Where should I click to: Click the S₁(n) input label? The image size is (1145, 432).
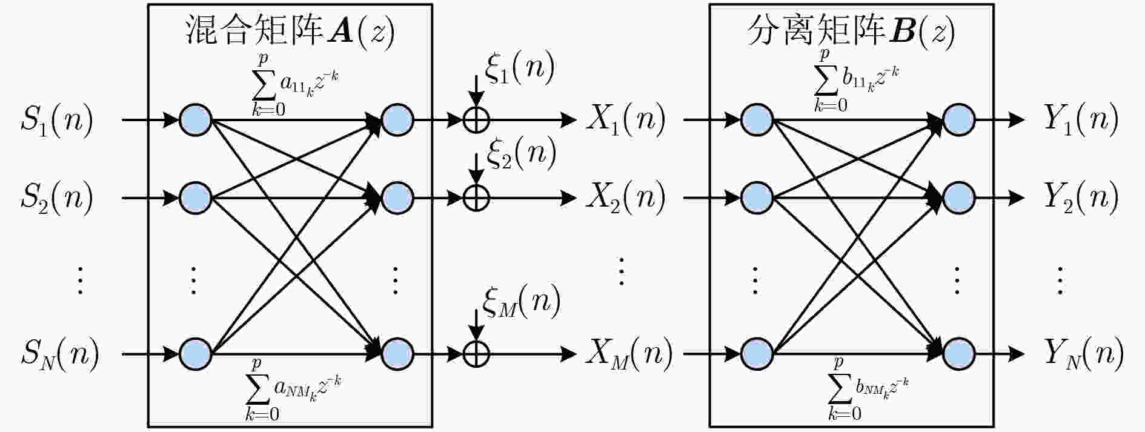[x=57, y=119]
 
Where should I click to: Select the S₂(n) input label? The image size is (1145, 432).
[x=57, y=198]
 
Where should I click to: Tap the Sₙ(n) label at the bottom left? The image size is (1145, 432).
[x=59, y=354]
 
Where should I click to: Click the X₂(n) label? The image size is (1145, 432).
[x=626, y=197]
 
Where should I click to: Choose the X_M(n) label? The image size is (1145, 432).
[x=629, y=353]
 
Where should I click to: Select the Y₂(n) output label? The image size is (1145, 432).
[x=1081, y=197]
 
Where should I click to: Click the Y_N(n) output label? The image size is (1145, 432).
[x=1084, y=354]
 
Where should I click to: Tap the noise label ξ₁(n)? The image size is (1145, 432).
[x=520, y=68]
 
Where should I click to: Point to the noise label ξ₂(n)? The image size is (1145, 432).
[x=521, y=154]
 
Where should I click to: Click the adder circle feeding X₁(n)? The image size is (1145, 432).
[x=476, y=119]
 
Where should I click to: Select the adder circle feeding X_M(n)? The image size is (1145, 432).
[x=476, y=354]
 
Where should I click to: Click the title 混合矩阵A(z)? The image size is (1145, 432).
[x=290, y=30]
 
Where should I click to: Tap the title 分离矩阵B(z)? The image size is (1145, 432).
[x=851, y=30]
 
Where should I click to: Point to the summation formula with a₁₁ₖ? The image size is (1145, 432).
[x=295, y=85]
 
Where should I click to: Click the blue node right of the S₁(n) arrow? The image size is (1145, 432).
[x=195, y=119]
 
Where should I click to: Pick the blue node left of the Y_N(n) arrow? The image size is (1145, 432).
[x=958, y=354]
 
